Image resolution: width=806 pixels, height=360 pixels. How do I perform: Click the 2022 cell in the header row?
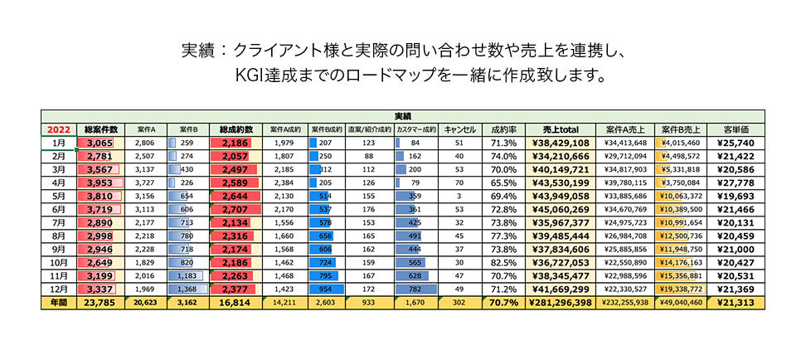point(59,129)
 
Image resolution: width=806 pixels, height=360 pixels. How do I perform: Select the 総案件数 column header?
point(100,129)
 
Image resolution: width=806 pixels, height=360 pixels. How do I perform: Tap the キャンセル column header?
point(459,129)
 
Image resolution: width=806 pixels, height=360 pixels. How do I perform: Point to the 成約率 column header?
point(504,129)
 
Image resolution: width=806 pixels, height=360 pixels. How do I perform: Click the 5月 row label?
point(59,197)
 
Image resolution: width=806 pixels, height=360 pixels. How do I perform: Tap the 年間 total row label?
point(59,304)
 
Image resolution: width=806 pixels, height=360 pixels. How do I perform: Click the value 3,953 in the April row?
point(100,183)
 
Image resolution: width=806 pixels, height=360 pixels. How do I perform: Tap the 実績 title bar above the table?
point(402,116)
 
